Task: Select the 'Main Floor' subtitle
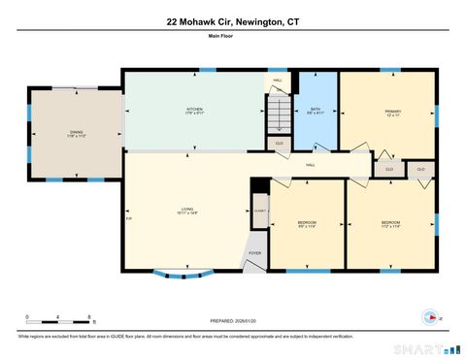click(232, 37)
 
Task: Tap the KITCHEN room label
click(195, 111)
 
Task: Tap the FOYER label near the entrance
click(254, 253)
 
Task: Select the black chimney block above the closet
click(258, 187)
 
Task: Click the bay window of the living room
click(177, 269)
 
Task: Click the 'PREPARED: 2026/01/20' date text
click(232, 320)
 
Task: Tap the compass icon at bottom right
click(428, 314)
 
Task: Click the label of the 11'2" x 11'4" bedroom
click(390, 224)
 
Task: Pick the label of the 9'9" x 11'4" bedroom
click(307, 225)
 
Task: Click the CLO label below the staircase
click(280, 143)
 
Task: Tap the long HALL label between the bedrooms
click(311, 165)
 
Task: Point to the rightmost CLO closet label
click(421, 169)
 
